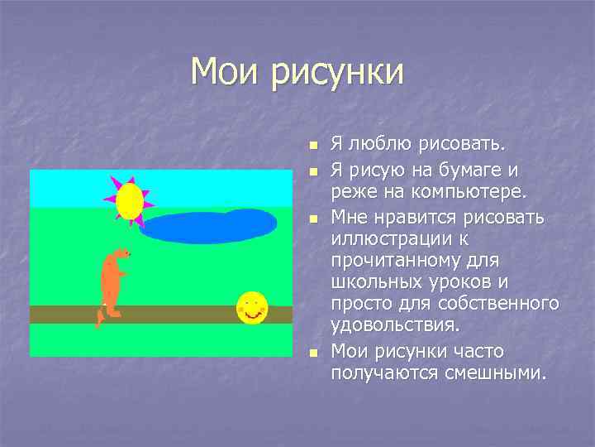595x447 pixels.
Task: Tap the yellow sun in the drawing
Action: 130,200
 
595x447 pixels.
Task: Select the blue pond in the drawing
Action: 207,225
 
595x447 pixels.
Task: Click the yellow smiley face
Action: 252,308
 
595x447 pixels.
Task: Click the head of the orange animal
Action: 121,253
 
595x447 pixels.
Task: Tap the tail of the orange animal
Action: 100,317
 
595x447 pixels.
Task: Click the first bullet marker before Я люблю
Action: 312,147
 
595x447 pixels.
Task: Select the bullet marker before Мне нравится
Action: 312,219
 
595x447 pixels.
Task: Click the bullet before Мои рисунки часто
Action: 312,353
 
